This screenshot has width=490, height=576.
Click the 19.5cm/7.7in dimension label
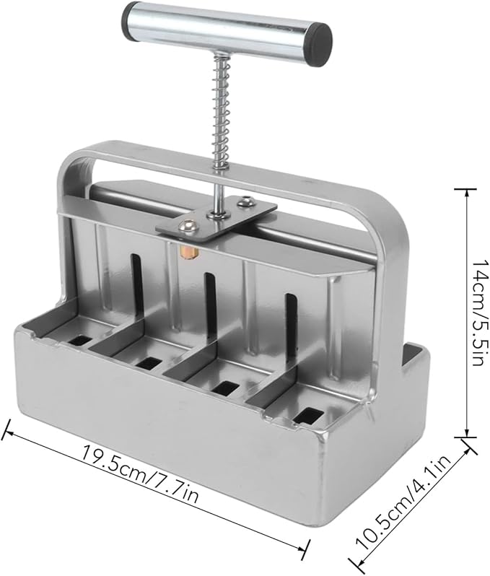tap(140, 474)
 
